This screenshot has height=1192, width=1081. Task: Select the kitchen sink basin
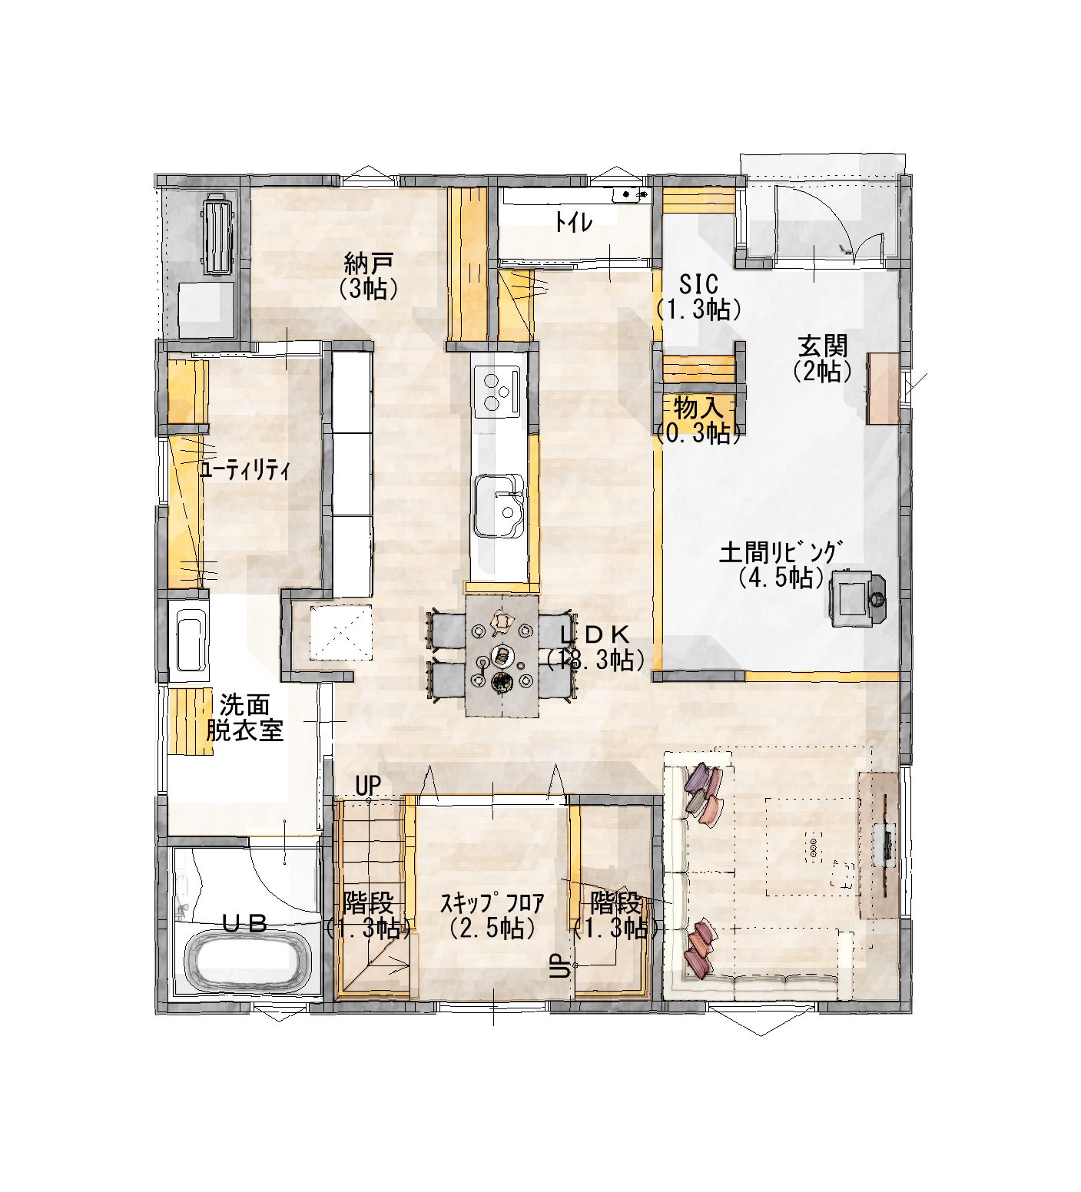click(x=499, y=505)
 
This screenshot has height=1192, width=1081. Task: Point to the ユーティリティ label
click(x=244, y=471)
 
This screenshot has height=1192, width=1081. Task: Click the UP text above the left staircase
click(x=368, y=785)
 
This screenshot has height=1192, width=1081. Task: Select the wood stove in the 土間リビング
click(x=856, y=597)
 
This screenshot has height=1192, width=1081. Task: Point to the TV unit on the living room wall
click(x=879, y=845)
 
